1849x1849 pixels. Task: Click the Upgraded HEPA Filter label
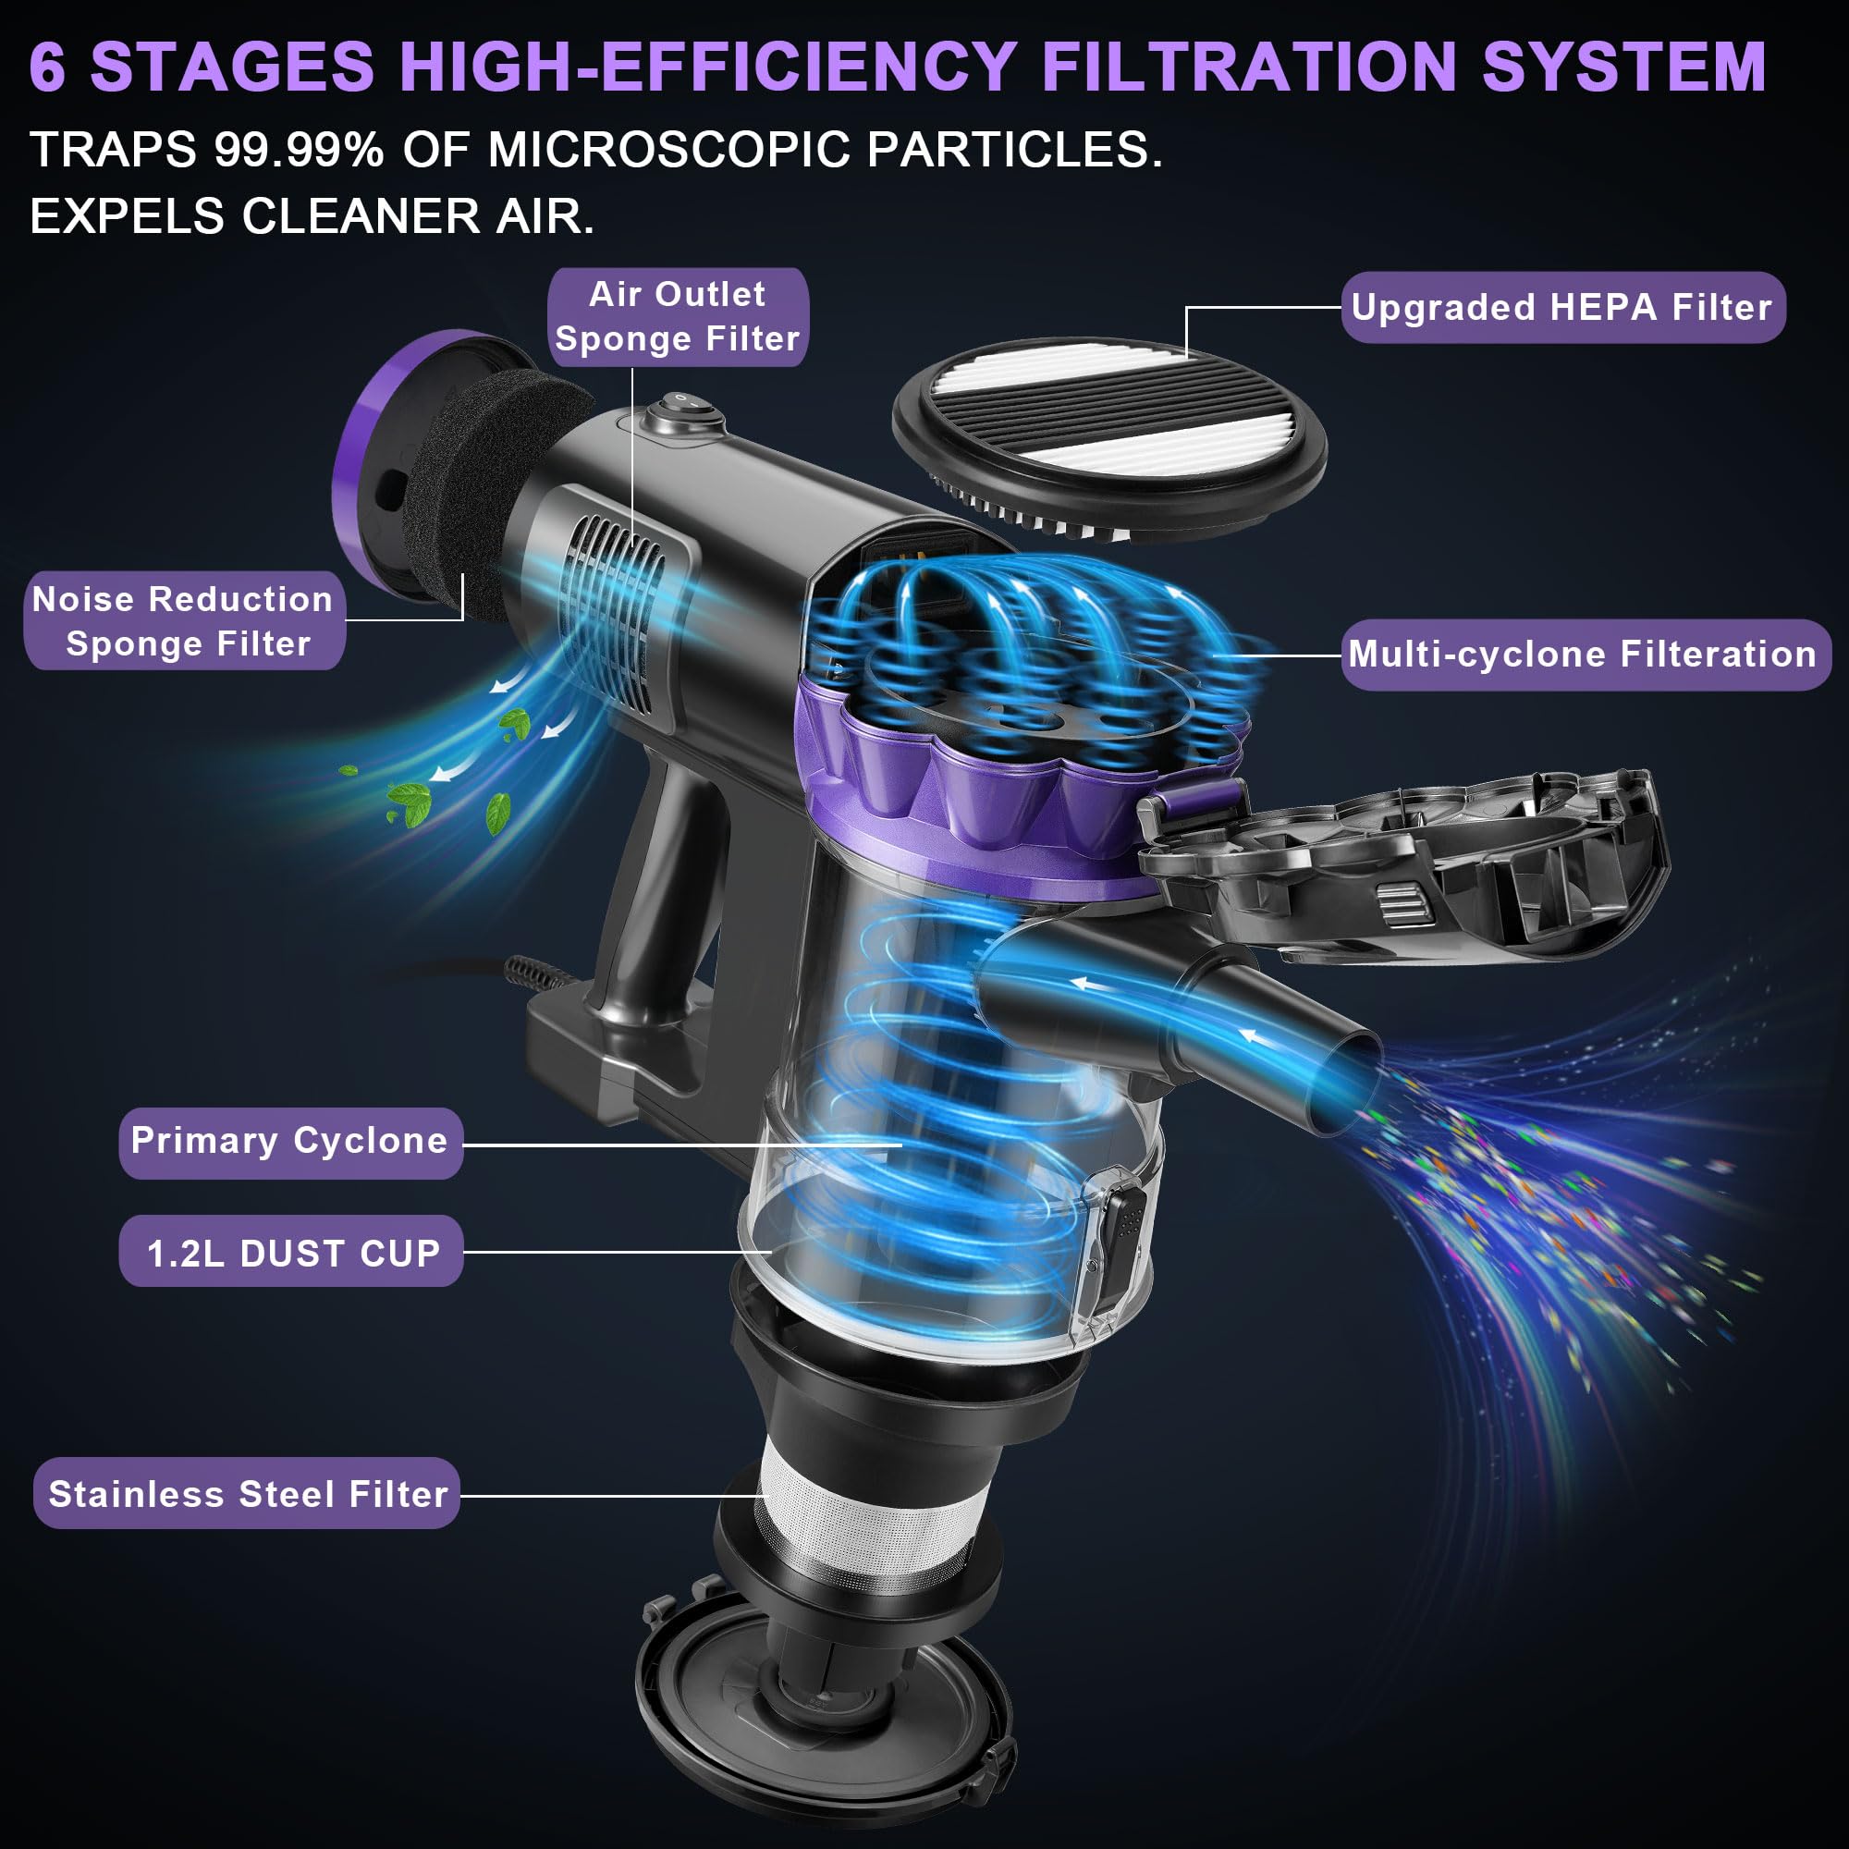[1561, 307]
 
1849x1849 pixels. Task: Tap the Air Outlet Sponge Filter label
[678, 317]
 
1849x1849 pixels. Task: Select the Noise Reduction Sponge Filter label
[184, 620]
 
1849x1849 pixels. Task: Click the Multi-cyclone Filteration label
[1584, 655]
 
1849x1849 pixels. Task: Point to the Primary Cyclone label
[290, 1141]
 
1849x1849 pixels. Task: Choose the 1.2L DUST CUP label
[292, 1253]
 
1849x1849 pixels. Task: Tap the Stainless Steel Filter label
[247, 1494]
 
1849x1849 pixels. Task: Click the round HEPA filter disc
[1110, 435]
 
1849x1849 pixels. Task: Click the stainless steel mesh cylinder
[862, 1522]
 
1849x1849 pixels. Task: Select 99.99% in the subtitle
[299, 151]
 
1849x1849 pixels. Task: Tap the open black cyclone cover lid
[1407, 862]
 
